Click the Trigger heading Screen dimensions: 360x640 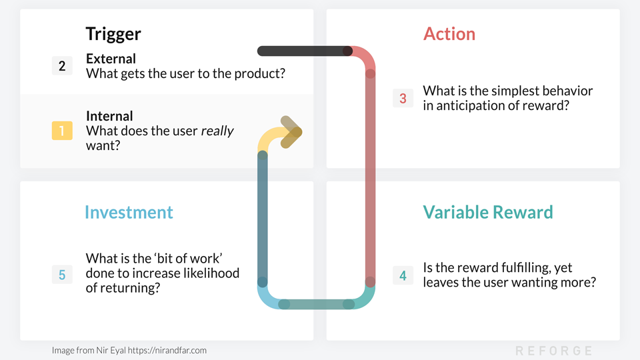coord(113,33)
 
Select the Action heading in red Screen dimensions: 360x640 coord(449,34)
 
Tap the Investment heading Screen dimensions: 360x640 coord(129,212)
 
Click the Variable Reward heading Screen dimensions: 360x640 coord(488,212)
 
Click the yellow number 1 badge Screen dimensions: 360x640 coord(62,130)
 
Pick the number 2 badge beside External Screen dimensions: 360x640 coord(62,65)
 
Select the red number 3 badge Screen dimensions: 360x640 coord(403,99)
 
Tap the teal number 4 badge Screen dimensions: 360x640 coord(403,275)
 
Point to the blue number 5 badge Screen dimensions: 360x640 coord(62,275)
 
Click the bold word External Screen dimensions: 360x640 coord(111,59)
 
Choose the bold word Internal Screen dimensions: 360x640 coord(109,116)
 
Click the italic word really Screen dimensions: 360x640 coord(217,131)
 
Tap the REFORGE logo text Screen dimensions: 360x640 coord(553,351)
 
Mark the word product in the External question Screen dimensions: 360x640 coord(261,73)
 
